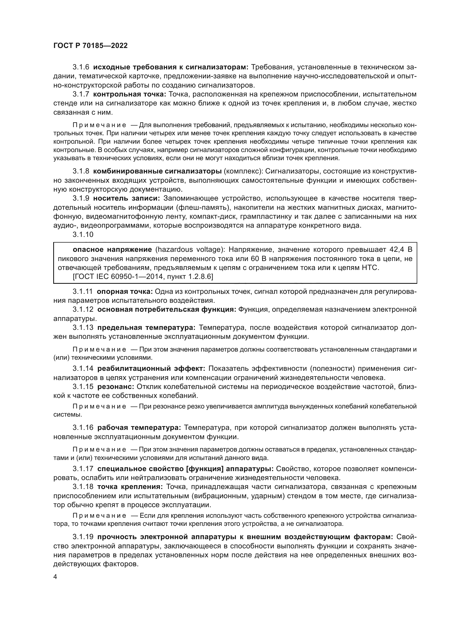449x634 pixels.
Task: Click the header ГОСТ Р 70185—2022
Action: [x=90, y=46]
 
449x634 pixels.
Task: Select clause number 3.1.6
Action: [x=81, y=67]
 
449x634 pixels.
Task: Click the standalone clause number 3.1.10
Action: [x=83, y=234]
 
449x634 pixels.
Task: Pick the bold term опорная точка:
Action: [x=125, y=292]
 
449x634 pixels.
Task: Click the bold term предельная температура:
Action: [x=146, y=328]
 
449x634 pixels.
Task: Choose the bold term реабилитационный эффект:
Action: [x=151, y=369]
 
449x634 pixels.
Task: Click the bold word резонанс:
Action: [x=116, y=387]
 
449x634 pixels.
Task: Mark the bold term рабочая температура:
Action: [x=139, y=428]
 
